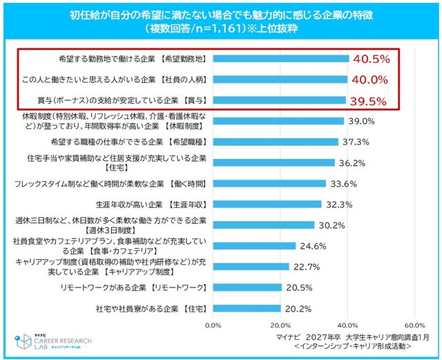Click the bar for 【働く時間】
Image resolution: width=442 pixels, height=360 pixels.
click(269, 184)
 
